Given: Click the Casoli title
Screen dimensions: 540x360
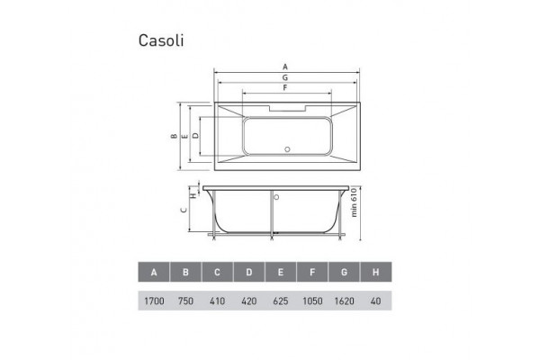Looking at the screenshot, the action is pyautogui.click(x=161, y=40).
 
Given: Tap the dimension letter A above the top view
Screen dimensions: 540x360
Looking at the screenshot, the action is pyautogui.click(x=285, y=67).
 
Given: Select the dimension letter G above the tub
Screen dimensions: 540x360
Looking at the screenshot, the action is pyautogui.click(x=285, y=77).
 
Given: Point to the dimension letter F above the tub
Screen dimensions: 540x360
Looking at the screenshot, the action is pyautogui.click(x=285, y=88).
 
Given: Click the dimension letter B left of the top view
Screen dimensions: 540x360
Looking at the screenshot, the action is pyautogui.click(x=175, y=136).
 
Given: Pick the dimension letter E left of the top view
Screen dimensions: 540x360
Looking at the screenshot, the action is pyautogui.click(x=185, y=136).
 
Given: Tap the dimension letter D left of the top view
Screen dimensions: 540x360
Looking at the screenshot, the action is pyautogui.click(x=195, y=136).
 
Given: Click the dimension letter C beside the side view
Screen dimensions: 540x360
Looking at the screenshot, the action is pyautogui.click(x=184, y=210).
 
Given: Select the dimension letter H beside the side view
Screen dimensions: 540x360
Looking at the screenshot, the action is pyautogui.click(x=193, y=195).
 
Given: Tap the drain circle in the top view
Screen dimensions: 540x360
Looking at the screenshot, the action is pyautogui.click(x=287, y=149).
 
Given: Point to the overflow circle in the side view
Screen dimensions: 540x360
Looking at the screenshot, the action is pyautogui.click(x=276, y=197).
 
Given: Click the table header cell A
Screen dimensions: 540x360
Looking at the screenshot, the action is pyautogui.click(x=154, y=272).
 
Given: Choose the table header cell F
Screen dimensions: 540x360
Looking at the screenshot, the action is pyautogui.click(x=312, y=272).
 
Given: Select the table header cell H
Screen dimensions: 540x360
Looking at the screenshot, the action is pyautogui.click(x=375, y=272).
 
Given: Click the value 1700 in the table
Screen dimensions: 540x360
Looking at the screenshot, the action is pyautogui.click(x=154, y=301).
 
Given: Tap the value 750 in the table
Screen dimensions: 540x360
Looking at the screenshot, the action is pyautogui.click(x=185, y=301).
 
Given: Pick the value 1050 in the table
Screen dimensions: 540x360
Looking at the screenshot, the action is pyautogui.click(x=312, y=301).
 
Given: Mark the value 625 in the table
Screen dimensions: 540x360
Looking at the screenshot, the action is pyautogui.click(x=281, y=301).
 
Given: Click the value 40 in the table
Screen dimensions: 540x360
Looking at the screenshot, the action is pyautogui.click(x=375, y=301).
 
